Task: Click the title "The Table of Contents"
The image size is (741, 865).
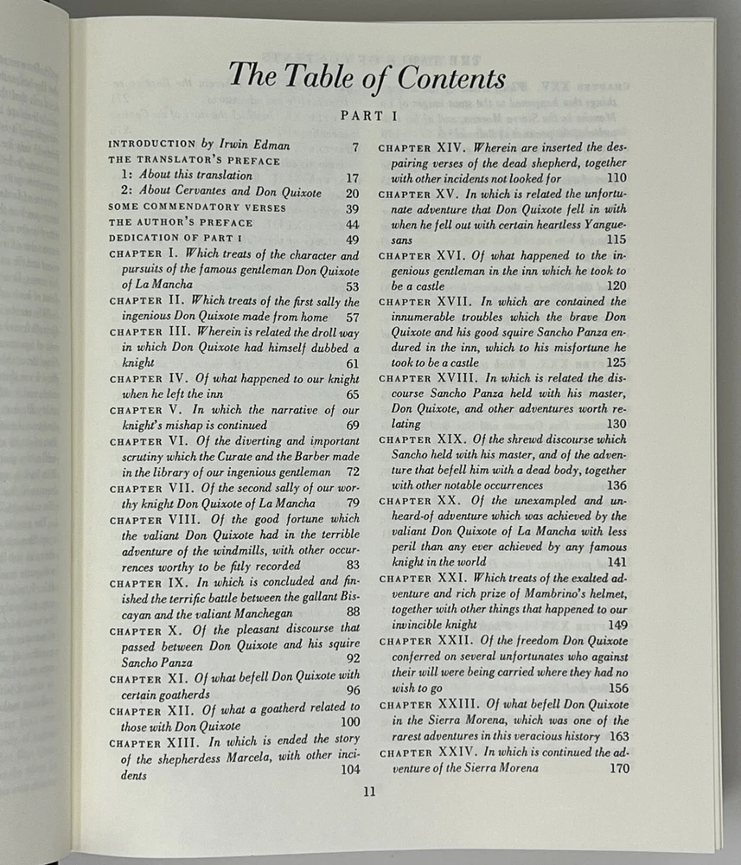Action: (367, 77)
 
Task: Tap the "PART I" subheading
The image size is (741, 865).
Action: (367, 114)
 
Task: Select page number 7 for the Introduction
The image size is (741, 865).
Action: (355, 145)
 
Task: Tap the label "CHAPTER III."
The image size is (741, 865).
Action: (150, 331)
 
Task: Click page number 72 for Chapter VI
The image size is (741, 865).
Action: (352, 471)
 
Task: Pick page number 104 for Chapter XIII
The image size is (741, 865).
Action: (349, 770)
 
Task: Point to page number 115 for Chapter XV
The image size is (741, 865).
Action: (616, 240)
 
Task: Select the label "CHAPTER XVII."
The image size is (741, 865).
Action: (423, 302)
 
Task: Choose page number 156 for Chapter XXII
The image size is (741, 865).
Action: (617, 688)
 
